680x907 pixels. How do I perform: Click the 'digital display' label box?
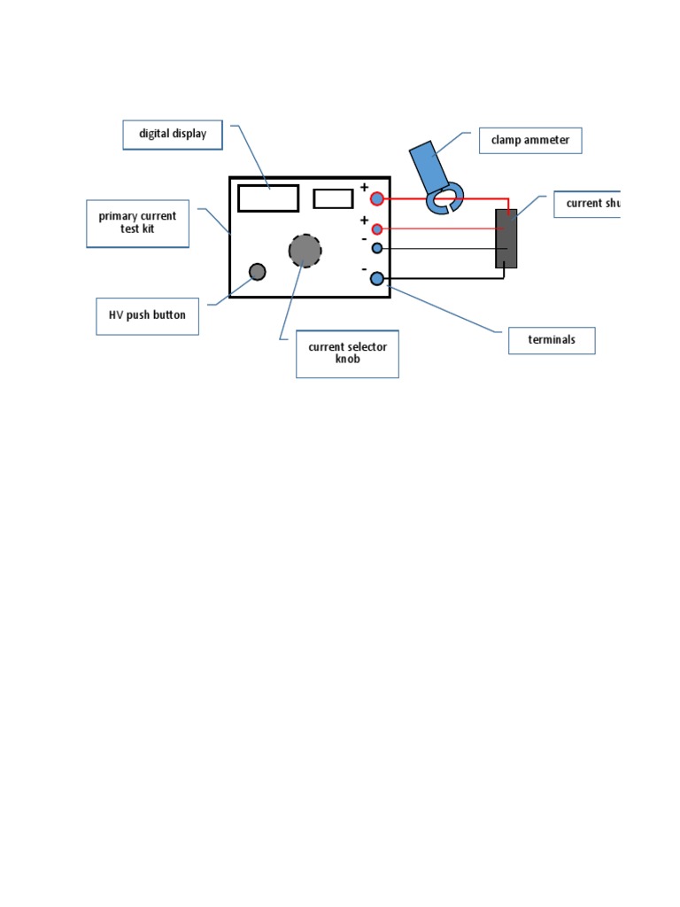pyautogui.click(x=173, y=135)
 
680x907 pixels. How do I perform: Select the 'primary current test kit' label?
pyautogui.click(x=137, y=223)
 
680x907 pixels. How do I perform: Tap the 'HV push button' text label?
pyautogui.click(x=147, y=315)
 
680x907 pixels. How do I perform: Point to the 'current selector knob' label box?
pyautogui.click(x=347, y=353)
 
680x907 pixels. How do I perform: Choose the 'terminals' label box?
pyautogui.click(x=551, y=340)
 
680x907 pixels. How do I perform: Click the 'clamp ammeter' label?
pyautogui.click(x=530, y=141)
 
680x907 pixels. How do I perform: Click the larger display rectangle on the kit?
pyautogui.click(x=268, y=198)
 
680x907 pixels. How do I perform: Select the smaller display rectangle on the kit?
pyautogui.click(x=333, y=198)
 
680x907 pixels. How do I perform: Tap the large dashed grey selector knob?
pyautogui.click(x=305, y=251)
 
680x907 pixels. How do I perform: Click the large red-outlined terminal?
pyautogui.click(x=377, y=198)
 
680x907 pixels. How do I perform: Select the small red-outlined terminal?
pyautogui.click(x=376, y=229)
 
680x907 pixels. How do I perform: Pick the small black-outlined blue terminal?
pyautogui.click(x=376, y=249)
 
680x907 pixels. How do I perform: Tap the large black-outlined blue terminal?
pyautogui.click(x=377, y=279)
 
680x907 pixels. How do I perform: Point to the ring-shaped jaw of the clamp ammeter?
pyautogui.click(x=444, y=199)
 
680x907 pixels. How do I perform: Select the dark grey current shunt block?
pyautogui.click(x=506, y=239)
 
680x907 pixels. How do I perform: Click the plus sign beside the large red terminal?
pyautogui.click(x=364, y=187)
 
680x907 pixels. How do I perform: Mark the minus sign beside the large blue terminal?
pyautogui.click(x=364, y=268)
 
